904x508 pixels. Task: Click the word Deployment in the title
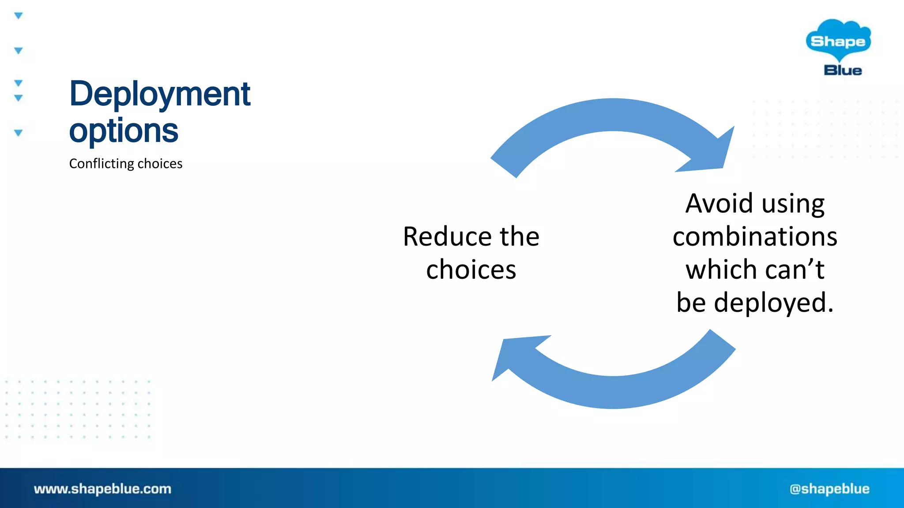point(160,94)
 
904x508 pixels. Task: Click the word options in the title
point(124,131)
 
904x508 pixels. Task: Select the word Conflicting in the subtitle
point(102,164)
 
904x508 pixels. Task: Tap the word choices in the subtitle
point(160,164)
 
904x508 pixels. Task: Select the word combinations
point(755,236)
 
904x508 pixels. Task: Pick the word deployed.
point(773,303)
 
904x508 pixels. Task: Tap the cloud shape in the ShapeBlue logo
point(838,40)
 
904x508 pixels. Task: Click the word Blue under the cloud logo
point(843,71)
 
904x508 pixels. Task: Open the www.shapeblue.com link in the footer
point(102,489)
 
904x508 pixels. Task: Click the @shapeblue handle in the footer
point(829,489)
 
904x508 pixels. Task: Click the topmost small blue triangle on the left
point(18,16)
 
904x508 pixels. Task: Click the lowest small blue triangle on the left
point(18,133)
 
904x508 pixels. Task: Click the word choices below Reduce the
point(471,269)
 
